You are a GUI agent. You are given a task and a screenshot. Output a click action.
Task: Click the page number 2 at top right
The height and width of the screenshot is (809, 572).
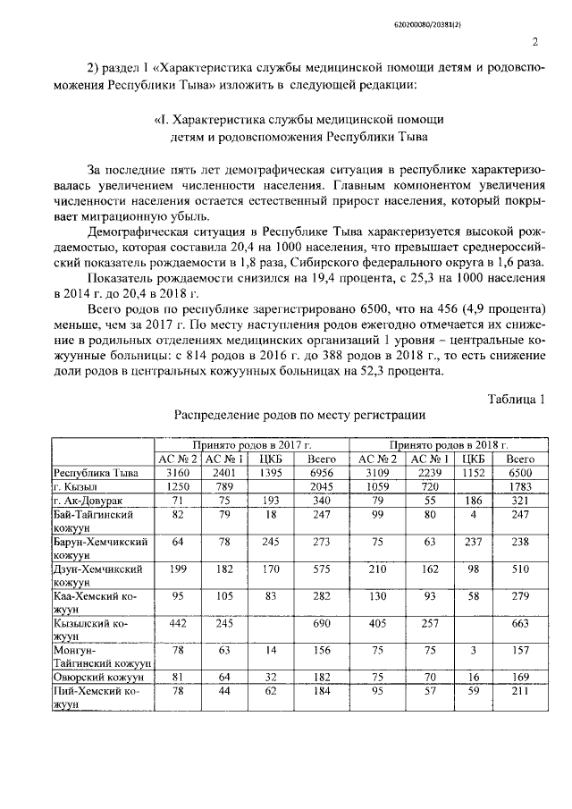[534, 41]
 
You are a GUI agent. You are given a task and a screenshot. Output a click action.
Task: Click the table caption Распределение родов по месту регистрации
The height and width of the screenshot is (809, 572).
[299, 415]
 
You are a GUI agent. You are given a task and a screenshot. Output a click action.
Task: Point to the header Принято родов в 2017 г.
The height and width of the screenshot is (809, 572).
[251, 444]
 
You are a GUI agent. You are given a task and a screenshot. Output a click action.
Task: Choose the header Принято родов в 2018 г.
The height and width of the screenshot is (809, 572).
[448, 444]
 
